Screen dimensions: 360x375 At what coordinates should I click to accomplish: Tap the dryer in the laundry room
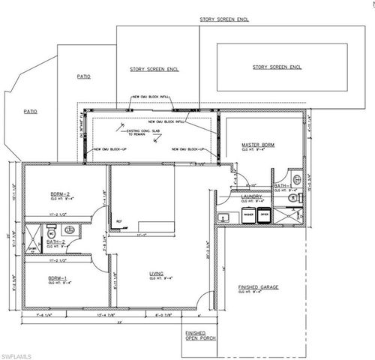point(264,215)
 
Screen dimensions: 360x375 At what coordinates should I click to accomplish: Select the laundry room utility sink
point(223,217)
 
